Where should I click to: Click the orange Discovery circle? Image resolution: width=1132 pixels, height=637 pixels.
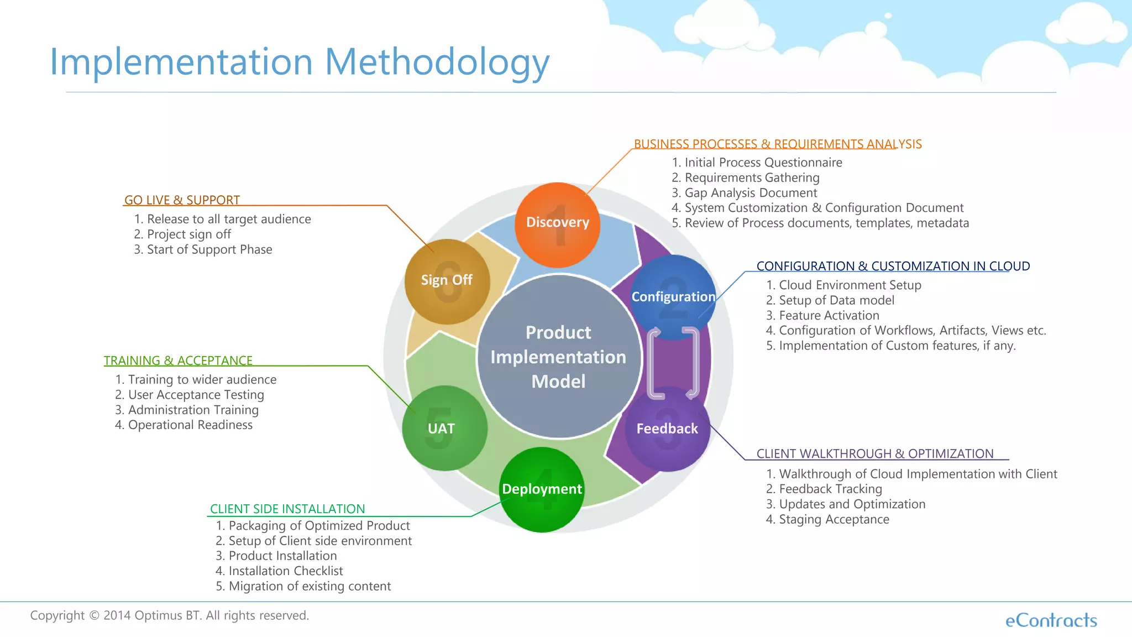tap(557, 224)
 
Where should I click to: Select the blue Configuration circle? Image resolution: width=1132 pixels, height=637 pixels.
tap(673, 297)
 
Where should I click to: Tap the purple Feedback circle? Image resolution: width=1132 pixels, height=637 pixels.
tap(667, 429)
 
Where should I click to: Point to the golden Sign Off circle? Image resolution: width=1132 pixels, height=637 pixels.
tap(447, 281)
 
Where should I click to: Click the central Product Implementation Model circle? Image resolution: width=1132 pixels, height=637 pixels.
tap(558, 357)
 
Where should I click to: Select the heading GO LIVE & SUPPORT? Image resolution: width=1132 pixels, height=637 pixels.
tap(182, 200)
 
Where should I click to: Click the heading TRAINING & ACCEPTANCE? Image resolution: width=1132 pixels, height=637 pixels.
tap(178, 361)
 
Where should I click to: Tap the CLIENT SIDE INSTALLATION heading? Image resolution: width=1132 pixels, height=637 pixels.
tap(287, 509)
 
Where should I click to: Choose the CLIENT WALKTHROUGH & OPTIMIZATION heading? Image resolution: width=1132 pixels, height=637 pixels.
tap(874, 454)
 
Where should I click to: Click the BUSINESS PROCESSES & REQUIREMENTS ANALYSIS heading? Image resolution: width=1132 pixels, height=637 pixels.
tap(777, 144)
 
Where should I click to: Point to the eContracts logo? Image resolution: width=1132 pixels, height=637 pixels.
tap(1051, 620)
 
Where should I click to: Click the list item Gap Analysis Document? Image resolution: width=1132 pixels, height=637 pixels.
tap(750, 193)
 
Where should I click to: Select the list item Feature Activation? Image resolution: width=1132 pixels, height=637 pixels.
tap(829, 316)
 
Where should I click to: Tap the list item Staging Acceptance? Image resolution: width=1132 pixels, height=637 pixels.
tap(834, 520)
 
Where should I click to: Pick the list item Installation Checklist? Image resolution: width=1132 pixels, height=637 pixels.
tap(285, 571)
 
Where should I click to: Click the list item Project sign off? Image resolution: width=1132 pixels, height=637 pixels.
tap(188, 234)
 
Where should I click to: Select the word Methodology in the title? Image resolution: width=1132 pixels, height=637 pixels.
tap(437, 62)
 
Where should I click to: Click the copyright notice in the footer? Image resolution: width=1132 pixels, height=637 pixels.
tap(169, 615)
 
